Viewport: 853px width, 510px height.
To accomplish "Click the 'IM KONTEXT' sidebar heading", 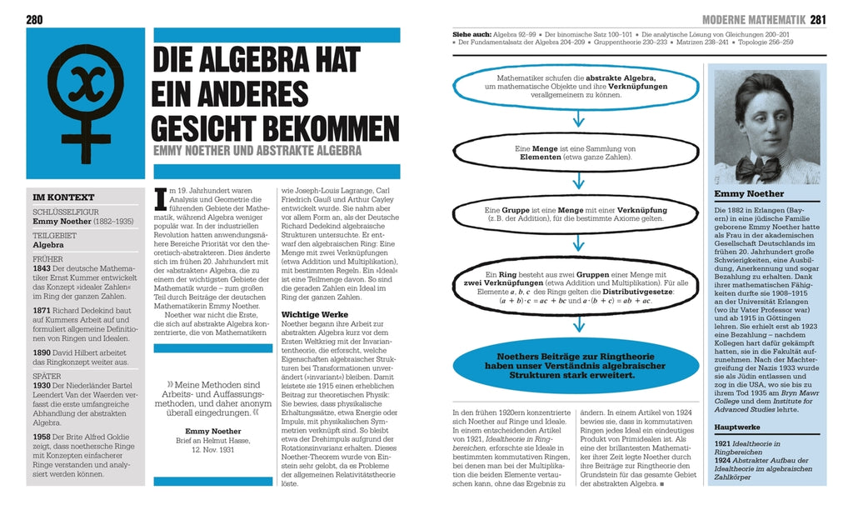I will click(57, 197).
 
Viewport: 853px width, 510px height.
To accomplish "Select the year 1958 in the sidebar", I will click(43, 436).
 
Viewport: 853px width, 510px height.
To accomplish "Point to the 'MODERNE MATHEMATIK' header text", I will click(755, 19).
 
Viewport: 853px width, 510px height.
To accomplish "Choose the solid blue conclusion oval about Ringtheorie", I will click(576, 364).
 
